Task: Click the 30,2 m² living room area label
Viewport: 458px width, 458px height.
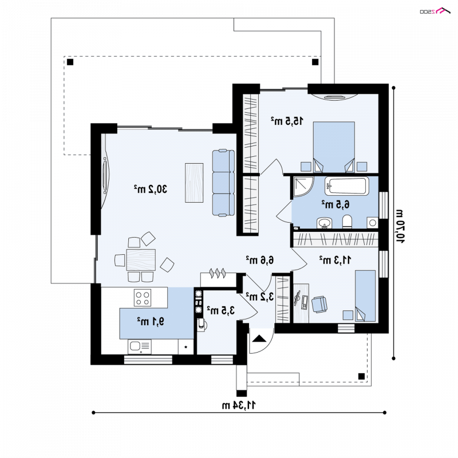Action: (x=151, y=189)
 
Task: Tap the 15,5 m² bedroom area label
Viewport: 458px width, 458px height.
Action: (x=287, y=121)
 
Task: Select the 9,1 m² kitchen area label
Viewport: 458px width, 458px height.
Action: (x=151, y=321)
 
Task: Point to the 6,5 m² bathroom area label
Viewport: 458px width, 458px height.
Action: (x=335, y=204)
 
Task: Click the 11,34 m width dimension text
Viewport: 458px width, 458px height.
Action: (x=239, y=405)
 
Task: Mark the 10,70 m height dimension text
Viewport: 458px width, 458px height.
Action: (x=400, y=226)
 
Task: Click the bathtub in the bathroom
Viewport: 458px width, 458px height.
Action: (x=347, y=186)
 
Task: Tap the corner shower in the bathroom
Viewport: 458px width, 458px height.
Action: (x=303, y=187)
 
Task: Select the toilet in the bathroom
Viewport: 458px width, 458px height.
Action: (x=347, y=222)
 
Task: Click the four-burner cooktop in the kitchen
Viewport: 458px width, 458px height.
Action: (x=143, y=298)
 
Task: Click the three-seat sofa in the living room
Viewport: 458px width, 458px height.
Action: (x=223, y=183)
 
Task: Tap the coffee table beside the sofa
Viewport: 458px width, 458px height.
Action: (x=194, y=183)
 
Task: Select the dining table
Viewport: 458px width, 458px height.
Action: (x=141, y=260)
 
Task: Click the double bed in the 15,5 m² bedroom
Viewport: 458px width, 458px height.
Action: (x=334, y=147)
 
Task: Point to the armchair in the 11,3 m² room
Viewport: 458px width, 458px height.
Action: (x=319, y=305)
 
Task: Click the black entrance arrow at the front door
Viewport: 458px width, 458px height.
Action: (x=259, y=338)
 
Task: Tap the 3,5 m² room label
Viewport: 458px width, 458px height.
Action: (x=221, y=310)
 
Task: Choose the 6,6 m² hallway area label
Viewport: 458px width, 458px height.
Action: (x=260, y=260)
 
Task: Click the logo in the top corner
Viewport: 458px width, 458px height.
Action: (x=435, y=11)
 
